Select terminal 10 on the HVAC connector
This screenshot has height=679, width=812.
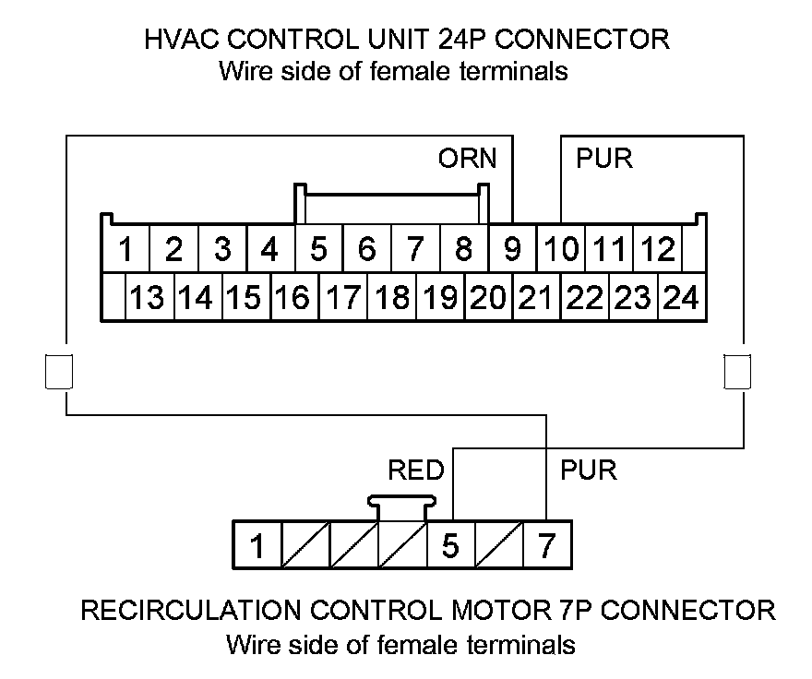(561, 249)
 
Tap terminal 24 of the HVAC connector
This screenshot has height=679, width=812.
(681, 298)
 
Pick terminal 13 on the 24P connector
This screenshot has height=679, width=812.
(147, 298)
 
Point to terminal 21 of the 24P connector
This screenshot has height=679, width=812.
(535, 298)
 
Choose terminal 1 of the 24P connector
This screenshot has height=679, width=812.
(125, 249)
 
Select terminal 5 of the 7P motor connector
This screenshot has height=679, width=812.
(450, 546)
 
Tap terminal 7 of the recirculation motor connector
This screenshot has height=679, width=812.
(546, 546)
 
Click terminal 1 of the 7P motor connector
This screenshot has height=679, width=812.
(258, 546)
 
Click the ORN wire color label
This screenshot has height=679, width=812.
(467, 159)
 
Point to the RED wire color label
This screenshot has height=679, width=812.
(416, 471)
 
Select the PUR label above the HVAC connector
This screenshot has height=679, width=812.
(604, 159)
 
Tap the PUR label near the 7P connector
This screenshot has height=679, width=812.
(589, 471)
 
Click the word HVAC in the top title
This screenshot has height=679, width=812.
(181, 40)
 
